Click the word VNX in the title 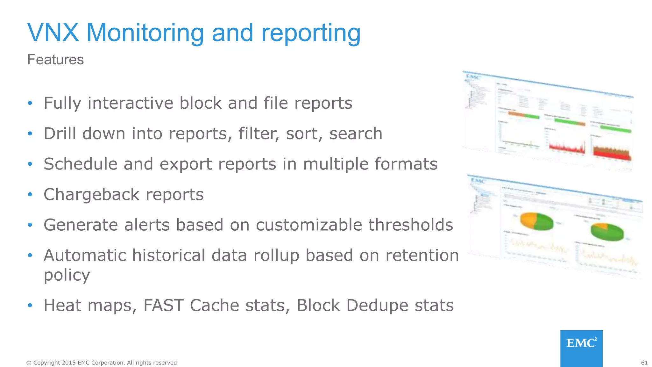pos(53,32)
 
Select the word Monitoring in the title pos(145,33)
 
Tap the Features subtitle pos(55,60)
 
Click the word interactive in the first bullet pos(130,103)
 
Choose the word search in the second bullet pos(356,133)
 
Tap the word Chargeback pos(91,195)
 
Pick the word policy pos(67,276)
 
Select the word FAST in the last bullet pos(164,305)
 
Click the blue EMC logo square pos(581,348)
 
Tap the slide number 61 pos(644,363)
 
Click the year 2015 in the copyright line pos(69,363)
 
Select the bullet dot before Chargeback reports pos(30,194)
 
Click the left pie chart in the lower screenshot pos(537,221)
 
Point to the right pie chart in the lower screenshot pos(607,232)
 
